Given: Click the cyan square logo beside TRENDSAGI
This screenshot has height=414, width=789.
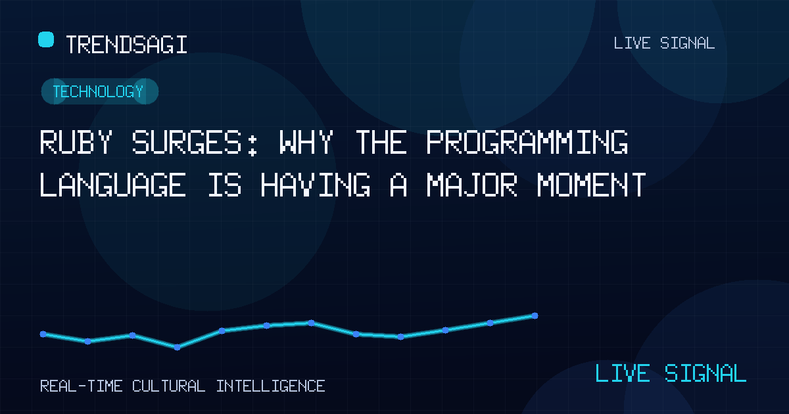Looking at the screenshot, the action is pyautogui.click(x=46, y=39).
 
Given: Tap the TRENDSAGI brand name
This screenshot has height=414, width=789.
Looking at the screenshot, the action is pyautogui.click(x=126, y=45).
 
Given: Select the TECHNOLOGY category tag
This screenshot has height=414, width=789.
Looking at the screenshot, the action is pyautogui.click(x=100, y=91).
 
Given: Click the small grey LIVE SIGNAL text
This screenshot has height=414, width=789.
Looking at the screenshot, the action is pyautogui.click(x=664, y=43).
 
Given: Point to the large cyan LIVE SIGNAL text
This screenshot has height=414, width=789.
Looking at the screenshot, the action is pyautogui.click(x=671, y=373).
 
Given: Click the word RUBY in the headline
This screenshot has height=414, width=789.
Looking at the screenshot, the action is pyautogui.click(x=76, y=142).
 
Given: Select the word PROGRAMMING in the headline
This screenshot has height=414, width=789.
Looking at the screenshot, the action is pyautogui.click(x=527, y=142).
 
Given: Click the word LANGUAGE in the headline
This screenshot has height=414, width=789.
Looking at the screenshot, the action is pyautogui.click(x=112, y=185).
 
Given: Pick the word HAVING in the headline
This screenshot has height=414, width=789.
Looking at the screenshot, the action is pyautogui.click(x=316, y=185).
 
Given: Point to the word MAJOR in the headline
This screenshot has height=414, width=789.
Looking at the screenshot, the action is pyautogui.click(x=472, y=185).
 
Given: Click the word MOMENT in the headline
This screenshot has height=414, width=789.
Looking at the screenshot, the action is pyautogui.click(x=592, y=185).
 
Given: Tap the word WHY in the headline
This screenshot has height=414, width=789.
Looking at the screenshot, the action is pyautogui.click(x=306, y=142).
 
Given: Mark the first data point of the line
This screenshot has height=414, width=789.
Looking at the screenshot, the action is pyautogui.click(x=43, y=334).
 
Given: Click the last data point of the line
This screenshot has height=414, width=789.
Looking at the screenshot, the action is pyautogui.click(x=535, y=316).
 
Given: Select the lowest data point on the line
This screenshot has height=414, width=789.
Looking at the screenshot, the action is pyautogui.click(x=177, y=348).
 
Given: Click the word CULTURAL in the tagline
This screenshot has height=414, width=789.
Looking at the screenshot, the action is pyautogui.click(x=169, y=386).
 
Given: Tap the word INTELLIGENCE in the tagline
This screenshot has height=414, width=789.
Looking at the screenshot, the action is pyautogui.click(x=270, y=386).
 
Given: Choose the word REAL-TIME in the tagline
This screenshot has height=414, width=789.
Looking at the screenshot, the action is pyautogui.click(x=82, y=386).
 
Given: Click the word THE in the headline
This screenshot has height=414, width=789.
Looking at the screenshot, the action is pyautogui.click(x=381, y=142).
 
